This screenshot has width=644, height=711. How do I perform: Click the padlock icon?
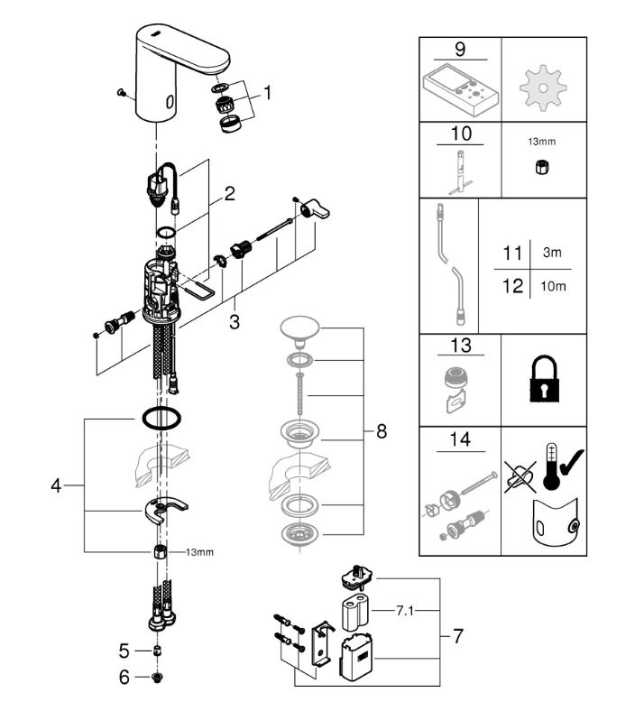[544, 379]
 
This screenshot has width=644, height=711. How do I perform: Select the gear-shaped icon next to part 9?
[543, 87]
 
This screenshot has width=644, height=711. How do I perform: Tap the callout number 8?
[382, 431]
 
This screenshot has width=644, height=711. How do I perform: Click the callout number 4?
[56, 485]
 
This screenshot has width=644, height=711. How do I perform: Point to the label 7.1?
[405, 611]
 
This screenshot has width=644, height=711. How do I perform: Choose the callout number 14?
[460, 439]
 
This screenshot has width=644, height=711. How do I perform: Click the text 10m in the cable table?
[553, 286]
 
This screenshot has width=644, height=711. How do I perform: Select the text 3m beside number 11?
[552, 252]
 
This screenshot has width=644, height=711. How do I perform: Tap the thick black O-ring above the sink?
[161, 418]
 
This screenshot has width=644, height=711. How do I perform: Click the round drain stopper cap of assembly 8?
[299, 328]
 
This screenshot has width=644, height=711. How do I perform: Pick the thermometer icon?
[551, 466]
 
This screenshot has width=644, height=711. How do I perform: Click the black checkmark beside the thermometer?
[572, 462]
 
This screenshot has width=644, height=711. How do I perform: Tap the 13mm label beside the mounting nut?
[199, 552]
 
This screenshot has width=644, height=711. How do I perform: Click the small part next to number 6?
[157, 678]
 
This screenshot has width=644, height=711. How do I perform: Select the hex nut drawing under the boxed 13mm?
[540, 168]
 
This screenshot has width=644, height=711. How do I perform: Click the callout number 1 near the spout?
[267, 93]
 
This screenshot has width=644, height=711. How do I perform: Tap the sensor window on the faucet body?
[170, 102]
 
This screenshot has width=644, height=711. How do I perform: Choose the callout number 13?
[461, 346]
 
